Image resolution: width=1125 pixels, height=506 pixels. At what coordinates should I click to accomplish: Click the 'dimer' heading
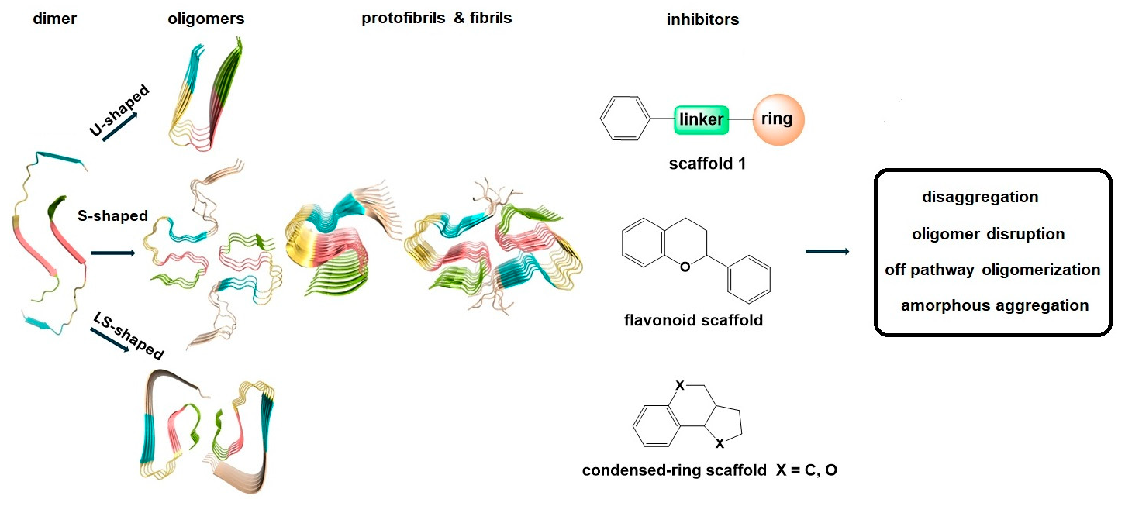tap(54, 19)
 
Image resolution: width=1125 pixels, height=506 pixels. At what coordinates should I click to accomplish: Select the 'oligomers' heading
tap(206, 19)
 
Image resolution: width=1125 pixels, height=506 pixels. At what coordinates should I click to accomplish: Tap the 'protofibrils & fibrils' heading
tap(437, 18)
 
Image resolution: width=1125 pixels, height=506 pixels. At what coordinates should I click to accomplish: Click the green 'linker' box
tap(701, 120)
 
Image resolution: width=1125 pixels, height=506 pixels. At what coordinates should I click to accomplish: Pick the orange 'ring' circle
tap(778, 119)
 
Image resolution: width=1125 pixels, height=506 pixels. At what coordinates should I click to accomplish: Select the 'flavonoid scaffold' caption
tap(693, 319)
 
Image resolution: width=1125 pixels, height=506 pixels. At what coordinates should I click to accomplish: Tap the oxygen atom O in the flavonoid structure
tap(683, 267)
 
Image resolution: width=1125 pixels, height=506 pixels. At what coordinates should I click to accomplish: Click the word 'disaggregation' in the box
tap(980, 197)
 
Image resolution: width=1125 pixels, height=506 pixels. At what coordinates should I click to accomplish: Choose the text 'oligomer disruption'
tap(988, 233)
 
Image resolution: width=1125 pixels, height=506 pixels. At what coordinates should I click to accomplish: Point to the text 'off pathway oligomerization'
tap(992, 270)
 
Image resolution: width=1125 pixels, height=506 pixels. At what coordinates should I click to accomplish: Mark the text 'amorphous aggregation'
tap(994, 305)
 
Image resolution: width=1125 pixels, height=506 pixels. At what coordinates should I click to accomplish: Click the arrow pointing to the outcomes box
tap(826, 251)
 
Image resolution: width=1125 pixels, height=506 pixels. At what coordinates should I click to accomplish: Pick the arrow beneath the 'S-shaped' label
tap(112, 252)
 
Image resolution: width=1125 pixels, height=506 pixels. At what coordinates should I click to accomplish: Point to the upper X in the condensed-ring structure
tap(679, 385)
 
